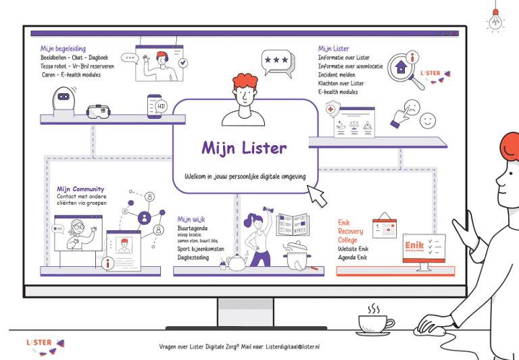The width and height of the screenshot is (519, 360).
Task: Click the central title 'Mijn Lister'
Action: (x=244, y=148)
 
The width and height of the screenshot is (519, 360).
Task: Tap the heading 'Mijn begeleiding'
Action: (x=62, y=49)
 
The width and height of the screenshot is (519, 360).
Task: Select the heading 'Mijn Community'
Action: (x=80, y=189)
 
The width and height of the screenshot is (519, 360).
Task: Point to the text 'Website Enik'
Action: (x=353, y=249)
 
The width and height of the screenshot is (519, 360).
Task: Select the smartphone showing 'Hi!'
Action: (x=155, y=106)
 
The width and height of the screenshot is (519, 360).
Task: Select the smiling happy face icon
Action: (x=427, y=120)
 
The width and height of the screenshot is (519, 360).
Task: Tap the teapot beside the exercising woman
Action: (x=235, y=263)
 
